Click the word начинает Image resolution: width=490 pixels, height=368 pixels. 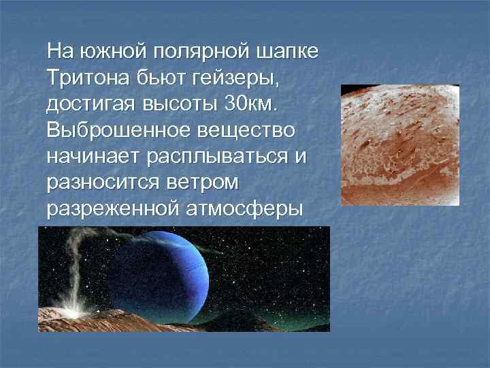point(93,156)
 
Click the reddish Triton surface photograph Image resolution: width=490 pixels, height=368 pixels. point(399,144)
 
